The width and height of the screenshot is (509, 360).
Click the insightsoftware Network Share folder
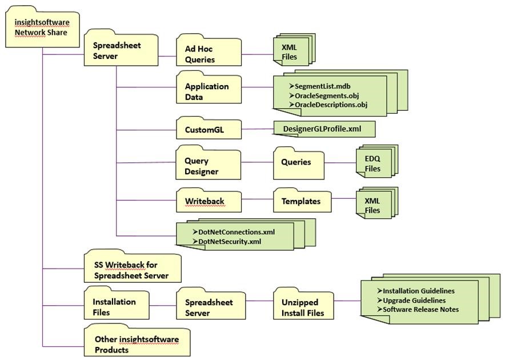(41, 27)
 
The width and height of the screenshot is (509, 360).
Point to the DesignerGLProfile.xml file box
(324, 129)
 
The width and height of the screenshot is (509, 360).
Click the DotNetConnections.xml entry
(237, 232)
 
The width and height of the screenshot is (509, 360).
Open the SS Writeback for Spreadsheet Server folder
(132, 270)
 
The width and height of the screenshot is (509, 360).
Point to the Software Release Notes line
(420, 309)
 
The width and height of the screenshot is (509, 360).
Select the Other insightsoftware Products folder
(137, 344)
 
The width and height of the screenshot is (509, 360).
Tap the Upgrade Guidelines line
(414, 300)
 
